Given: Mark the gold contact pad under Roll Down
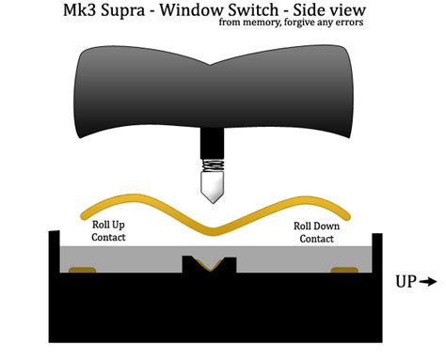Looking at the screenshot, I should (345, 273).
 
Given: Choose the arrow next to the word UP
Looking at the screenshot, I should (429, 280).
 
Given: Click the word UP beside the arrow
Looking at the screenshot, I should (405, 280).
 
